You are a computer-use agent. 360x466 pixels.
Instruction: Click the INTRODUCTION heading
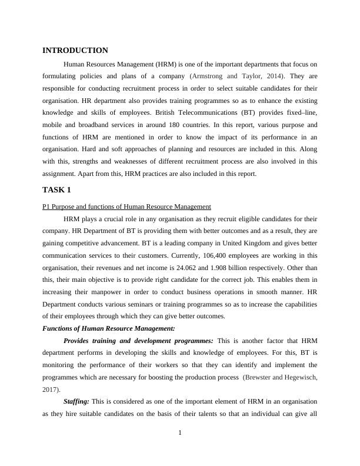(75, 51)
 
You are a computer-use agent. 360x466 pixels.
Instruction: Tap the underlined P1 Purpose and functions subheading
(126, 207)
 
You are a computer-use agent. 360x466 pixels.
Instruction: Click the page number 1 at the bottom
(180, 434)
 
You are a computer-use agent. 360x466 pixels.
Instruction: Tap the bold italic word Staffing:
(76, 401)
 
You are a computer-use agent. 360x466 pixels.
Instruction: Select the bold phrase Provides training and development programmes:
(138, 341)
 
